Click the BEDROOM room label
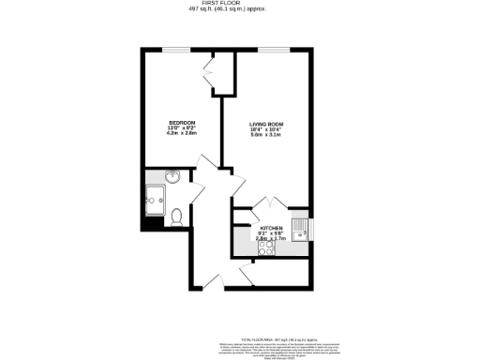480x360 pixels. click(181, 123)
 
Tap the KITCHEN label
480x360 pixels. click(271, 228)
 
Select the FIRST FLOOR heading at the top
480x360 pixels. click(240, 4)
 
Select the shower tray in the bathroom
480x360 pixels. click(154, 198)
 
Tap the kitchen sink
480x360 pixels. click(299, 229)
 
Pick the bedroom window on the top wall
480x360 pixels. click(175, 48)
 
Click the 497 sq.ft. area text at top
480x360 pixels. click(240, 10)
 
